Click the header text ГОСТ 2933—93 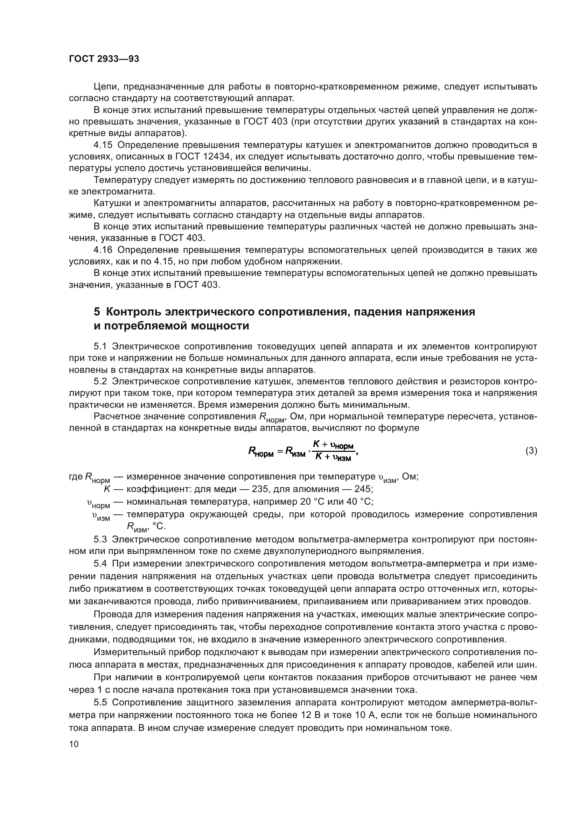tap(104, 59)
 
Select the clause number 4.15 tap(103, 145)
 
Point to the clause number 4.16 tap(103, 250)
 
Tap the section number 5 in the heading tap(97, 312)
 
